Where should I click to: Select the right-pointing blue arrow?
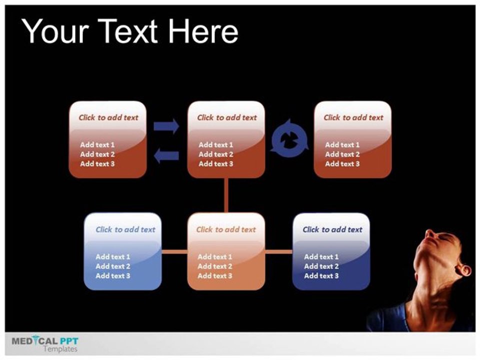click(x=166, y=126)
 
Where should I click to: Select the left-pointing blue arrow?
click(x=166, y=155)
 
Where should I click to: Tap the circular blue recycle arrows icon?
click(x=289, y=138)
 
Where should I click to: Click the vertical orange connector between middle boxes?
click(x=226, y=195)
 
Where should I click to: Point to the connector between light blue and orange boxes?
click(x=174, y=251)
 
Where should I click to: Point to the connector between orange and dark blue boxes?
click(x=278, y=251)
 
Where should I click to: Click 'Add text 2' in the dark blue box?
click(x=321, y=266)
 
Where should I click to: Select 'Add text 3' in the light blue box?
click(x=113, y=276)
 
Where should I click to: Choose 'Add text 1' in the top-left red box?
click(x=97, y=145)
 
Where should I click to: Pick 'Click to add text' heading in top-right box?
click(x=353, y=117)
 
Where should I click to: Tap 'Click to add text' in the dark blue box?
click(x=332, y=229)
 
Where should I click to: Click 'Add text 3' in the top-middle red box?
click(x=216, y=164)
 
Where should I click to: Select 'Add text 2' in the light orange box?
click(x=215, y=266)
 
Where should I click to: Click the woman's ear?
click(x=463, y=270)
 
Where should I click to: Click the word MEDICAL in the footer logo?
click(x=34, y=340)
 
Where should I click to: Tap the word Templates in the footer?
click(x=60, y=349)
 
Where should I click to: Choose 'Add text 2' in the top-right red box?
click(x=342, y=154)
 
